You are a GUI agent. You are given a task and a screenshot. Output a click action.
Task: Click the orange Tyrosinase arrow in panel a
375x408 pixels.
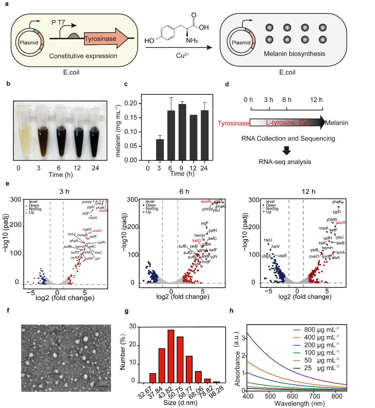(105, 39)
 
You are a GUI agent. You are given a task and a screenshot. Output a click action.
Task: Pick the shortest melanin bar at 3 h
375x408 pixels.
(160, 149)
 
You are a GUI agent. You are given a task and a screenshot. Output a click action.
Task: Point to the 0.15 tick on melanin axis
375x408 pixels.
(131, 117)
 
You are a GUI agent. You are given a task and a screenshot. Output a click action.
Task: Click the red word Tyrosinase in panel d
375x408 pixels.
(233, 123)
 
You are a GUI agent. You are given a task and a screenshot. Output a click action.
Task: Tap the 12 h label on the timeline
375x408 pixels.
(316, 100)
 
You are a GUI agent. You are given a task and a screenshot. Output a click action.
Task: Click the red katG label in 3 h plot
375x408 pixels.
(98, 231)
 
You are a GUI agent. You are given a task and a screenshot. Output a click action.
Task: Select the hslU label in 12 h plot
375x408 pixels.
(268, 240)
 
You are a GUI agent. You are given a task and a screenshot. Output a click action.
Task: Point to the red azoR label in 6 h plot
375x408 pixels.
(206, 201)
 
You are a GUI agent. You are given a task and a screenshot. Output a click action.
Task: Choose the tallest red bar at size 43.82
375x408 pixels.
(171, 356)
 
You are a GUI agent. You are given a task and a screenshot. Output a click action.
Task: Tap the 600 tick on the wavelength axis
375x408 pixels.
(292, 396)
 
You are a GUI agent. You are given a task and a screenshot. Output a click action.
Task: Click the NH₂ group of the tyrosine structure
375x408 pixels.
(192, 40)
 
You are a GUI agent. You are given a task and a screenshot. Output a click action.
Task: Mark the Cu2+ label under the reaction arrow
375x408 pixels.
(182, 56)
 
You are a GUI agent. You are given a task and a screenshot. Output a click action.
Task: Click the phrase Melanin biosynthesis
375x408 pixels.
(294, 54)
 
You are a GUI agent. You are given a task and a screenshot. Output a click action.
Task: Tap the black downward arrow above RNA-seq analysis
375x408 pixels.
(286, 151)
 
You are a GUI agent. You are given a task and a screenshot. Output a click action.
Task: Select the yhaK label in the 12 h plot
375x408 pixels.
(336, 202)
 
